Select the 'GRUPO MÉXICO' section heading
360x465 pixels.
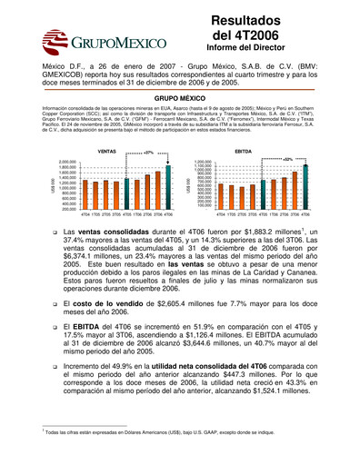[180, 95]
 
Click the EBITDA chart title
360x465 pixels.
[243, 151]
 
